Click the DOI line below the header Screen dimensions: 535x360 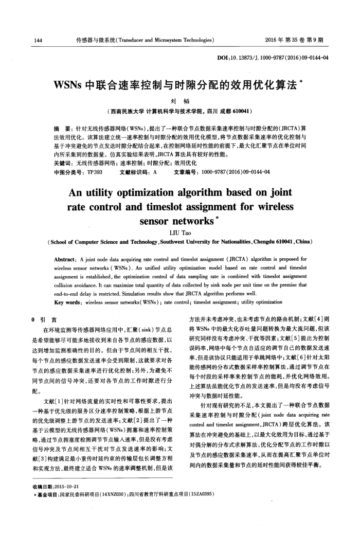tap(272, 58)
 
